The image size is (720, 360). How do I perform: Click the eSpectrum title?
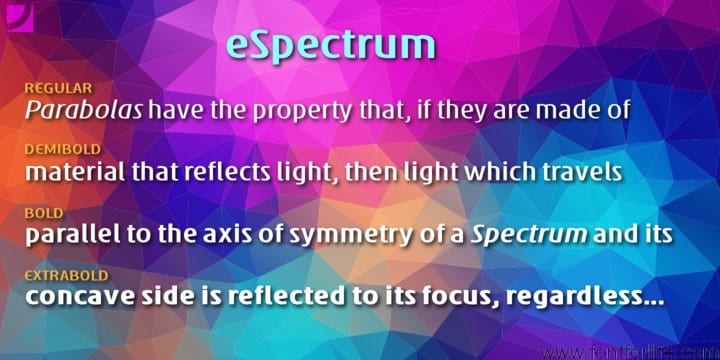[x=330, y=44]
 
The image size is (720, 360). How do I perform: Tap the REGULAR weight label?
[x=58, y=89]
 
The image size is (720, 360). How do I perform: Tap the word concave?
[x=74, y=298]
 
